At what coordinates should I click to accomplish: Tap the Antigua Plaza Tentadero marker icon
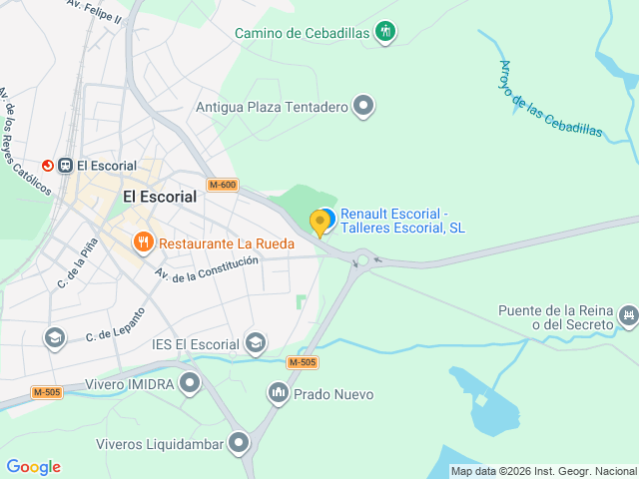click(364, 105)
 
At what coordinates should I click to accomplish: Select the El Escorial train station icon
click(65, 166)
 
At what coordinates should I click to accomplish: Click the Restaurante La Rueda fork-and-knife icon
click(144, 242)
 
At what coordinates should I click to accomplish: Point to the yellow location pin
click(320, 222)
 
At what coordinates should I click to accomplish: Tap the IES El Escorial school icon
click(256, 343)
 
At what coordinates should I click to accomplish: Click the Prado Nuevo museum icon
click(278, 394)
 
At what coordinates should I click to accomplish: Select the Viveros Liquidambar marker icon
click(238, 443)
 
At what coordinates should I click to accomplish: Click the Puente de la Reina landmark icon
click(628, 316)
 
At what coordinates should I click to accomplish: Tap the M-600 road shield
click(223, 185)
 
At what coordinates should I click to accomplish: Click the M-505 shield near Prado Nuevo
click(302, 362)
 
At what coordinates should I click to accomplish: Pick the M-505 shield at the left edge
click(46, 392)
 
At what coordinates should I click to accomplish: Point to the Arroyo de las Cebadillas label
click(550, 99)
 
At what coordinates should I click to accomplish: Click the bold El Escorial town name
click(160, 197)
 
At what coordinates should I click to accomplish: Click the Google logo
click(33, 467)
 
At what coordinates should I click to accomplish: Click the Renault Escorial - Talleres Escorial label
click(402, 221)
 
